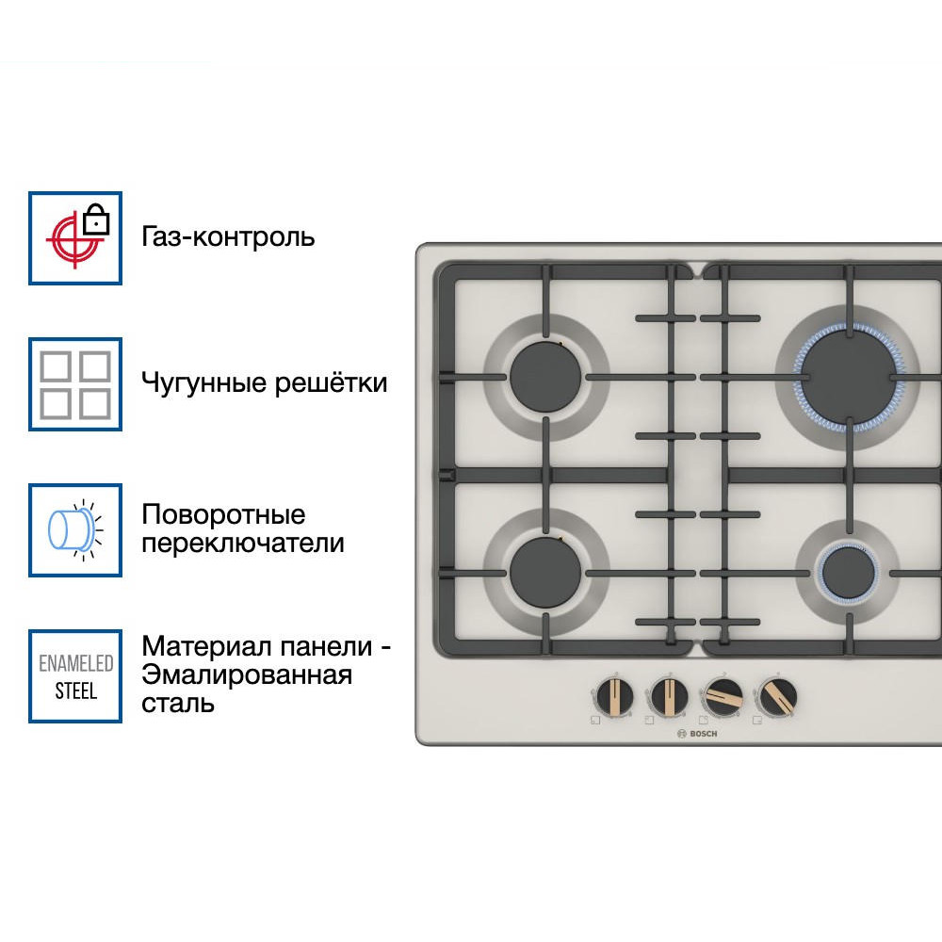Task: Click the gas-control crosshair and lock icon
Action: click(x=75, y=237)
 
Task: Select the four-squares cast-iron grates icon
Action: click(x=75, y=384)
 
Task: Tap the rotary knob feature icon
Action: click(x=75, y=529)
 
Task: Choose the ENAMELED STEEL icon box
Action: click(x=75, y=676)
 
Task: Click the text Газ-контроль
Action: click(x=228, y=236)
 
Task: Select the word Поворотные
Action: click(x=224, y=515)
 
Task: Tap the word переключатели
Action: click(x=243, y=544)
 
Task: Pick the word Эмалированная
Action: click(x=247, y=675)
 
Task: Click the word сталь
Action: click(x=178, y=704)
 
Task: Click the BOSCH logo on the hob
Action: click(x=697, y=734)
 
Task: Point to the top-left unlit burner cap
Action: click(x=546, y=376)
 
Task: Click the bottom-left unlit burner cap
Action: click(x=546, y=571)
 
